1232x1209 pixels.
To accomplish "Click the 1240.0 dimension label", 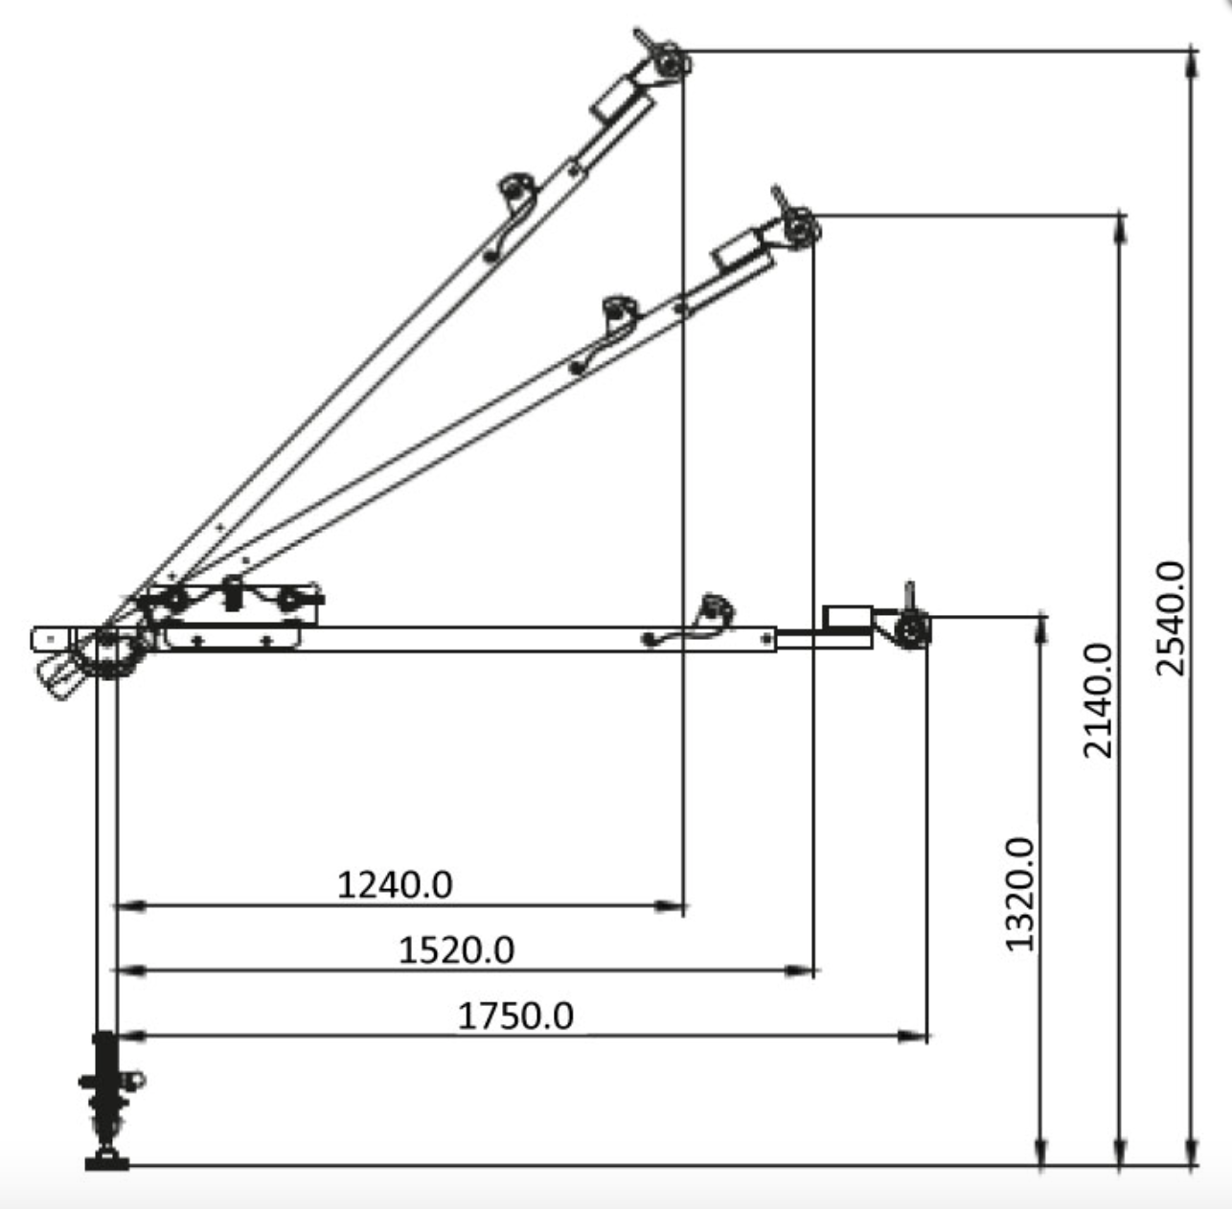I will [x=395, y=884].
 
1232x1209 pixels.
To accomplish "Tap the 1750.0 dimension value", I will [x=515, y=1015].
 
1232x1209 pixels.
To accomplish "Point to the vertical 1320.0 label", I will [x=1020, y=894].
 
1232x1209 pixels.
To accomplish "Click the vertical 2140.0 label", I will [x=1098, y=700].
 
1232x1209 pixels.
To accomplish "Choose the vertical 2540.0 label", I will [x=1170, y=619].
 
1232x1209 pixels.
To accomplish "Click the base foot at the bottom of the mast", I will [x=106, y=1162].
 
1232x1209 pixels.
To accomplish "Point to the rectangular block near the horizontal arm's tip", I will [x=848, y=617].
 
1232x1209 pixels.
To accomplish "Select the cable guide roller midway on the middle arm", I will [x=619, y=311].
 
